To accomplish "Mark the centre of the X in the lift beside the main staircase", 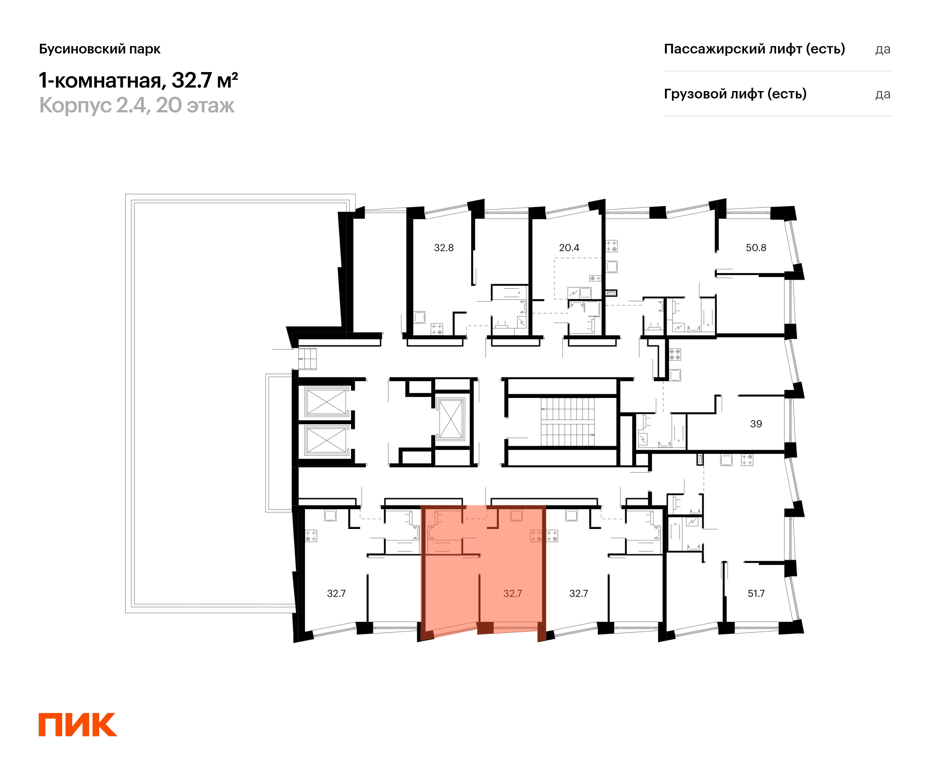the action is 451,419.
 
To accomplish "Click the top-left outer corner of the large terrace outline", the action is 125,194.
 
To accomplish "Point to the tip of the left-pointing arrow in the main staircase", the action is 541,409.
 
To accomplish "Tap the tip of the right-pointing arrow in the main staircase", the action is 594,434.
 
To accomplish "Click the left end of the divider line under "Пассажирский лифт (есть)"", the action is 663,71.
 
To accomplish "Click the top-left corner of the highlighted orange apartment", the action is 421,505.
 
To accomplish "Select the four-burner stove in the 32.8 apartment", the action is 437,329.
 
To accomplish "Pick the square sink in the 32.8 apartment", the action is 419,317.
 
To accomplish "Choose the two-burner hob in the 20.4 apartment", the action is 595,278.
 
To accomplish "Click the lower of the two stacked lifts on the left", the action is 326,441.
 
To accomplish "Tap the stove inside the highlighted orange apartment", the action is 536,536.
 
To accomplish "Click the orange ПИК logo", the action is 78,725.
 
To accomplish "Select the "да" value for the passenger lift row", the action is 883,49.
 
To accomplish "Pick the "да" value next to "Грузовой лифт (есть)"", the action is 883,94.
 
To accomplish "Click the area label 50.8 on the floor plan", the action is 756,248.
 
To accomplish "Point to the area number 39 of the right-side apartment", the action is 756,424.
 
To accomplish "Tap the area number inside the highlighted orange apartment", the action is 512,593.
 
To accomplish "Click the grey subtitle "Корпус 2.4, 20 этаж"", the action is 137,105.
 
